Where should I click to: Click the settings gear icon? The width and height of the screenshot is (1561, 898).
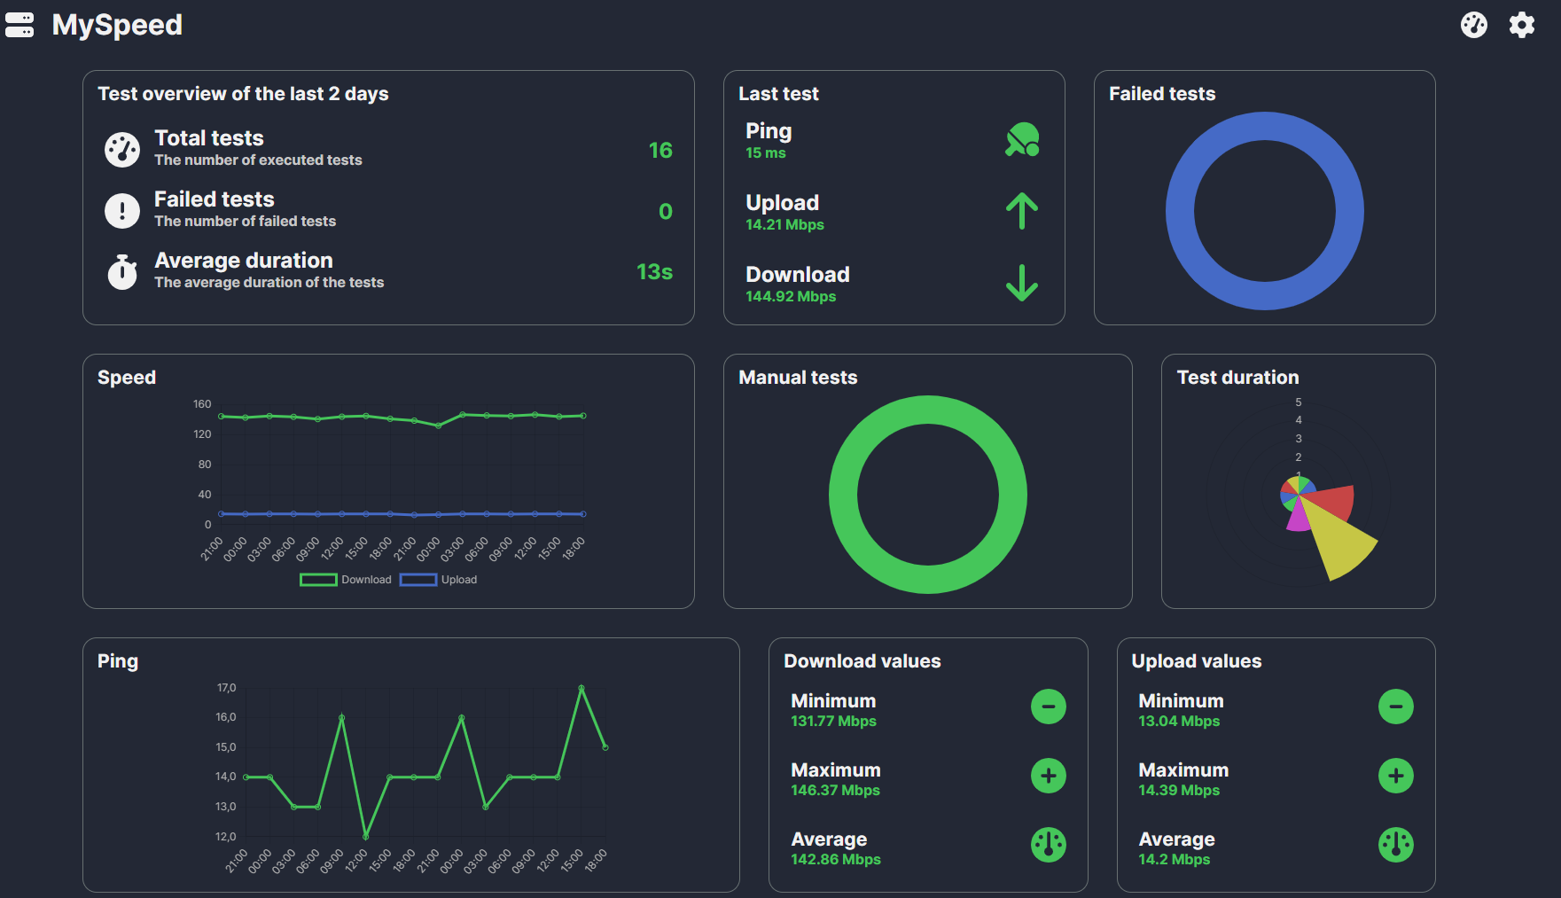1521,25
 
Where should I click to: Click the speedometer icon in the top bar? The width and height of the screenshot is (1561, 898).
1473,25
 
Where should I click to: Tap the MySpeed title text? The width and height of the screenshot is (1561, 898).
117,25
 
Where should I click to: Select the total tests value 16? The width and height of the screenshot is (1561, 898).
660,151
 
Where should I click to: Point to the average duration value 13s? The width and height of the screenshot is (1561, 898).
654,272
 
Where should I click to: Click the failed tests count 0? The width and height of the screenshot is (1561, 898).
665,212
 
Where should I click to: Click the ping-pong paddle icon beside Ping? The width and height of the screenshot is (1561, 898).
1022,140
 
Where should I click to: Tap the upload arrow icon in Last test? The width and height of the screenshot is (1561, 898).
1022,212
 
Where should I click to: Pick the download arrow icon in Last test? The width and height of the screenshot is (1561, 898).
1022,283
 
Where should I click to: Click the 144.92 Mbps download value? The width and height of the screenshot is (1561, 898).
791,297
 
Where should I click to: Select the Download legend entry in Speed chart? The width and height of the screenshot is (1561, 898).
347,580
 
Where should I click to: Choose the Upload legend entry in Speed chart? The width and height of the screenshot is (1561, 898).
440,580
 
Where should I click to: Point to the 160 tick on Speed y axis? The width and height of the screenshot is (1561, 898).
202,404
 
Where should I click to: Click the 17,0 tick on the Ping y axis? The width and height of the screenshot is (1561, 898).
226,688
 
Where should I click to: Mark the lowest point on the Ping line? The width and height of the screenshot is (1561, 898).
366,836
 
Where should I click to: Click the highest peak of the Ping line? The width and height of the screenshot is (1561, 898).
581,688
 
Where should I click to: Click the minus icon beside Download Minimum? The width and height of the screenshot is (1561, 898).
1048,707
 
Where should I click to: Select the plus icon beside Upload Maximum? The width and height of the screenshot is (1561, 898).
1395,776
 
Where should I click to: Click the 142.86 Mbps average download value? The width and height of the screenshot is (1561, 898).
836,860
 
